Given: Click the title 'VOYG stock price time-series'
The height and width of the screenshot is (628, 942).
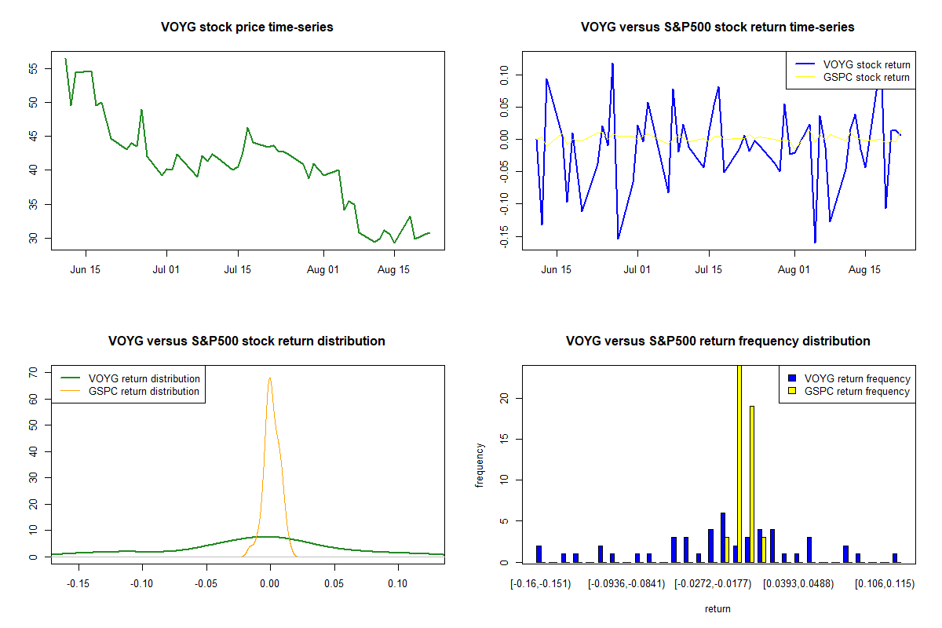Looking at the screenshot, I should (x=247, y=27).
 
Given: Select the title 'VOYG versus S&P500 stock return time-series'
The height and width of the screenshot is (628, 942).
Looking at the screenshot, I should (x=717, y=27).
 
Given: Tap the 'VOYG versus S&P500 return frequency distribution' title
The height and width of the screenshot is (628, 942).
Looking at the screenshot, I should (x=717, y=341).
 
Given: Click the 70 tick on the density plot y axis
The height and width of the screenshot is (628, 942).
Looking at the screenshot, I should (x=33, y=373).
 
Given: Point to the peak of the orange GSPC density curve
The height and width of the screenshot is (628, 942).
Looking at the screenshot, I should (x=269, y=378).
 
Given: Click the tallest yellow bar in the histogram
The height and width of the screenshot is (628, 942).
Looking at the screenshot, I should (x=739, y=463).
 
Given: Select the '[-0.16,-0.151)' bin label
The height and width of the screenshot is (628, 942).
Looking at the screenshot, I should (x=541, y=583).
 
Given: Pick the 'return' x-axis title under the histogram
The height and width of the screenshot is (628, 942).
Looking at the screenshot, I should (x=717, y=608).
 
